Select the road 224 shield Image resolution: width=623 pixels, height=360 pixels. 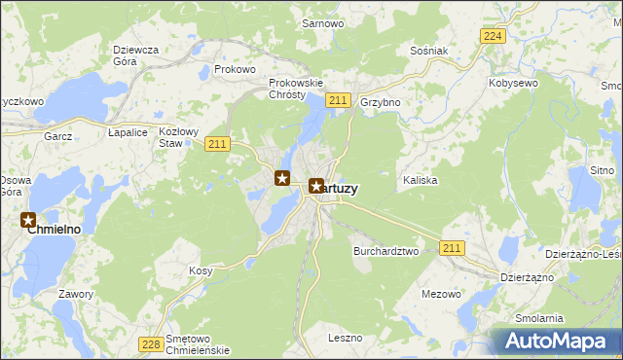point(493,36)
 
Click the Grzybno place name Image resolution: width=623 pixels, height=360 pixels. point(381,101)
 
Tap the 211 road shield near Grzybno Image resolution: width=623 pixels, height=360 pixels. point(339,100)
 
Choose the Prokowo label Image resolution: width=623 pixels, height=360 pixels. point(235,69)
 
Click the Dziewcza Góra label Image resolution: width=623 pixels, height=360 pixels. point(134,54)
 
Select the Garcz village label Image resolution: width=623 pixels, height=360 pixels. point(58,137)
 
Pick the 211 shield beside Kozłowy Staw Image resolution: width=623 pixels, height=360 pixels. point(217,144)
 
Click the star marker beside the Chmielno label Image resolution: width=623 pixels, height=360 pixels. point(29,221)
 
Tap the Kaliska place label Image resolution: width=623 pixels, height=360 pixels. point(421,181)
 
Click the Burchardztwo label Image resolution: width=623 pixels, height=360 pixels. point(385,250)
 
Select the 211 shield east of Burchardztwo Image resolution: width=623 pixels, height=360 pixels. point(451,248)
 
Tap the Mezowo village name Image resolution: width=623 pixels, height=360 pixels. point(441,293)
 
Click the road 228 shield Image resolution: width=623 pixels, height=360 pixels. point(150,343)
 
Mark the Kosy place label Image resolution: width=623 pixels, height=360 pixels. point(201,270)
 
